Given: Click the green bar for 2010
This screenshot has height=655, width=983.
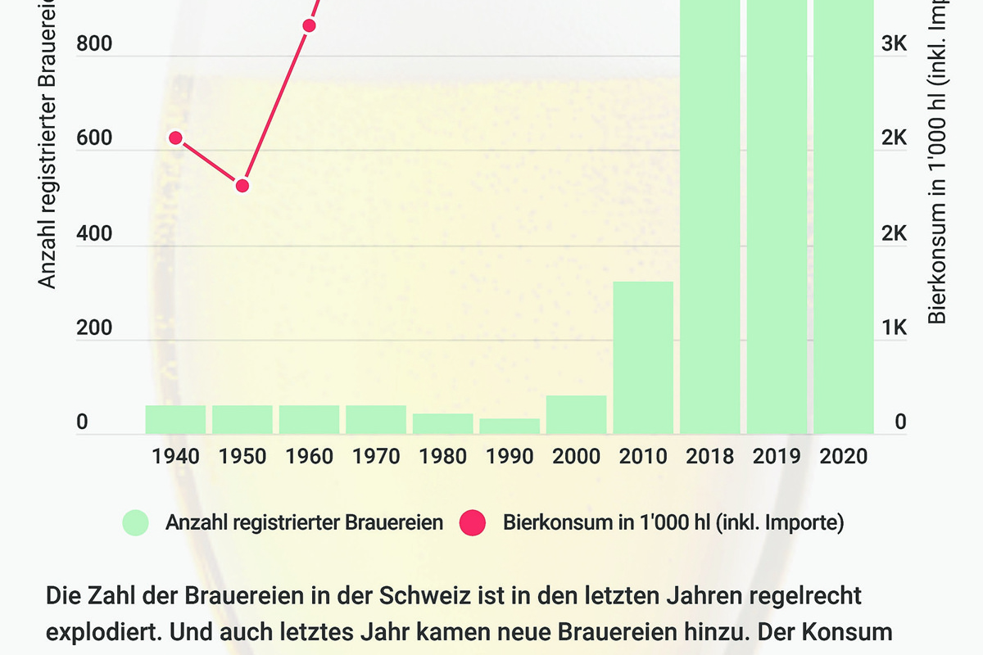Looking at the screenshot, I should click(643, 358).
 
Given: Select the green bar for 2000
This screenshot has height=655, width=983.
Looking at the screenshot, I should click(577, 414).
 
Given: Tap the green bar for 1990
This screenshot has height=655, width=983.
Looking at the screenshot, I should click(510, 426).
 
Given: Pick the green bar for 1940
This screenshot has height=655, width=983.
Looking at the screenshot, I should click(175, 419).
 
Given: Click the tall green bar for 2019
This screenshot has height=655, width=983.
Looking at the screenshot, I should click(777, 217).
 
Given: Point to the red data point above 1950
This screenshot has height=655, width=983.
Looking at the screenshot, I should click(242, 186).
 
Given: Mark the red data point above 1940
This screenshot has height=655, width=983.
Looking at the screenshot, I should click(175, 138).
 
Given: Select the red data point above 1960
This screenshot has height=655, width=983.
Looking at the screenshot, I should click(309, 25).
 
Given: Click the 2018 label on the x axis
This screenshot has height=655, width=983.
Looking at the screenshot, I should click(709, 456).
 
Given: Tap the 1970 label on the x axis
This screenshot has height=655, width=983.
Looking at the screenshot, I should click(376, 456).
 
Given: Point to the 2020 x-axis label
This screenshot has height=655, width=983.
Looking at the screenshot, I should click(843, 456).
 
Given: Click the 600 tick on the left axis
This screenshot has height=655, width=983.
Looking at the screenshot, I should click(93, 139).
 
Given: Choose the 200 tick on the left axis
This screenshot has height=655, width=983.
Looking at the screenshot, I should click(93, 328).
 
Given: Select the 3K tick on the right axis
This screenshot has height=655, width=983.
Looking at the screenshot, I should click(895, 44).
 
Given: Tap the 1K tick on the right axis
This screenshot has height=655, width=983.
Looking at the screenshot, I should click(895, 328).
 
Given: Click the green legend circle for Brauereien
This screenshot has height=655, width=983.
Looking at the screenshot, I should click(135, 522).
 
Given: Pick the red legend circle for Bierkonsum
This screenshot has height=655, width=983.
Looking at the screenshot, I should click(473, 522).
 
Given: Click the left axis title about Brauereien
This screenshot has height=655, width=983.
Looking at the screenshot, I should click(48, 147).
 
